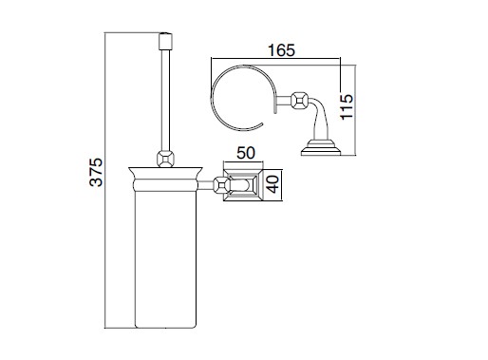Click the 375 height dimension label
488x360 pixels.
[96, 172]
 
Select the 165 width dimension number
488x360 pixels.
[281, 50]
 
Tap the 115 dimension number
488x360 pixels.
[347, 106]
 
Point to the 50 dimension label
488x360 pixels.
[246, 153]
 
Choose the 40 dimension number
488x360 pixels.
[272, 184]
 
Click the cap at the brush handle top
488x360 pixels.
[165, 41]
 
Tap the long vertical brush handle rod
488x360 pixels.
[165, 100]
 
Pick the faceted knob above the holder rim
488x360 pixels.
[165, 159]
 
